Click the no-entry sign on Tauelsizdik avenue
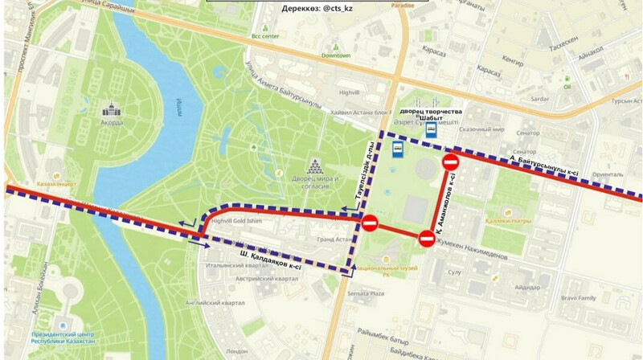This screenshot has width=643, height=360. pyautogui.click(x=370, y=223)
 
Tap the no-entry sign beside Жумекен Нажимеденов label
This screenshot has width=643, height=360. pyautogui.click(x=427, y=238)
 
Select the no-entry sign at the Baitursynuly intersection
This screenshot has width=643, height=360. pyautogui.click(x=450, y=164)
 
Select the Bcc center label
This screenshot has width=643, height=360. pyautogui.click(x=264, y=35)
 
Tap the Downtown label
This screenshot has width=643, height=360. pyautogui.click(x=337, y=55)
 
